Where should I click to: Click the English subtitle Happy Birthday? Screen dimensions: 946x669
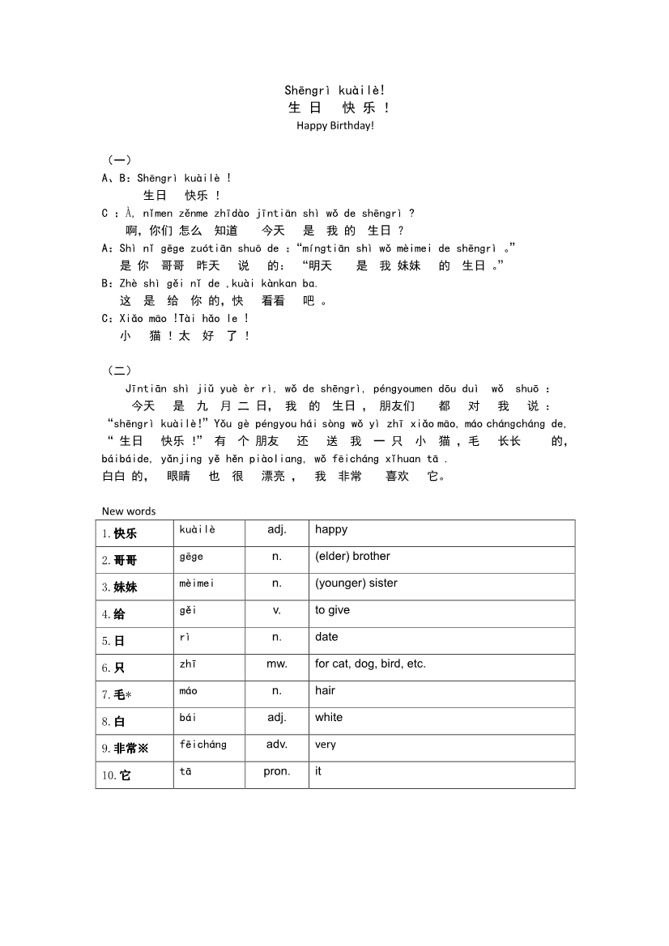(x=335, y=125)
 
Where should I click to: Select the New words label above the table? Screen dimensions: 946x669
(x=129, y=511)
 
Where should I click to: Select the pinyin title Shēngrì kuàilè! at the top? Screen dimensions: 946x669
(x=335, y=90)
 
